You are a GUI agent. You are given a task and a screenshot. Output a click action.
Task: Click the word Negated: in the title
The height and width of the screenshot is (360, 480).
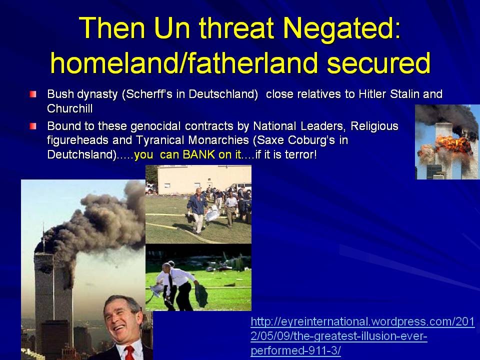point(341,28)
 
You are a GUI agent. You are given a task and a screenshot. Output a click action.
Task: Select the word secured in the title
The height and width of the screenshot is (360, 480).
point(378,62)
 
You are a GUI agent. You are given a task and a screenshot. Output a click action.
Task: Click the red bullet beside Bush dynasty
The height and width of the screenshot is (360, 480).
point(33,94)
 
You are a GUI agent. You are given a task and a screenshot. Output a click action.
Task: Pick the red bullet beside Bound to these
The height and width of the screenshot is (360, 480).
point(33,126)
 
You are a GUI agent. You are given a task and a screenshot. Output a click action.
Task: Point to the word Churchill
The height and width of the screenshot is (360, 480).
point(70,108)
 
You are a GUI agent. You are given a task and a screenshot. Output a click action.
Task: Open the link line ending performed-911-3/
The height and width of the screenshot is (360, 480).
point(295,350)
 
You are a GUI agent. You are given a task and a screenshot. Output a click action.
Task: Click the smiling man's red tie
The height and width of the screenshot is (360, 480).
point(129,353)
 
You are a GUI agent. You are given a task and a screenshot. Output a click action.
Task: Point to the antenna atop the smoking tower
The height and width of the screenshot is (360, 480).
point(43,237)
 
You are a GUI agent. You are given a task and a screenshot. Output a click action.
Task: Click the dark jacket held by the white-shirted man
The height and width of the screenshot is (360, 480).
point(201,295)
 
